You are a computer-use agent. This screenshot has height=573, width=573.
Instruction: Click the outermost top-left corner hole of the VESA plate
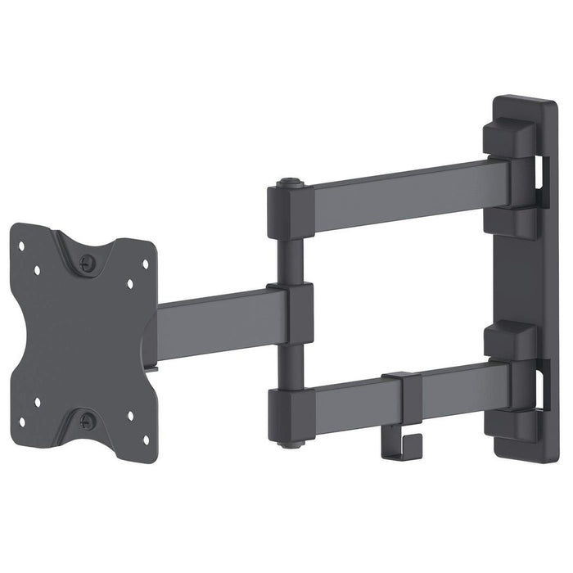(21, 244)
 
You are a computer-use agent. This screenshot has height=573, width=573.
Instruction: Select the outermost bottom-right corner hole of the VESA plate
(146, 438)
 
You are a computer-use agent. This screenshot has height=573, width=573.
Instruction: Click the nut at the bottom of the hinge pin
(289, 443)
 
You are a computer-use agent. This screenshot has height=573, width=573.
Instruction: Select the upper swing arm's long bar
(401, 197)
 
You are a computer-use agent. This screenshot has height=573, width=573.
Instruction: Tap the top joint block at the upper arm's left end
(291, 212)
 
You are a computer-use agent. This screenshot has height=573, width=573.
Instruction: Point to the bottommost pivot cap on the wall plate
(509, 424)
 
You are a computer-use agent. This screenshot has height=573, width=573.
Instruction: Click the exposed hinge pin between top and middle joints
(289, 261)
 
